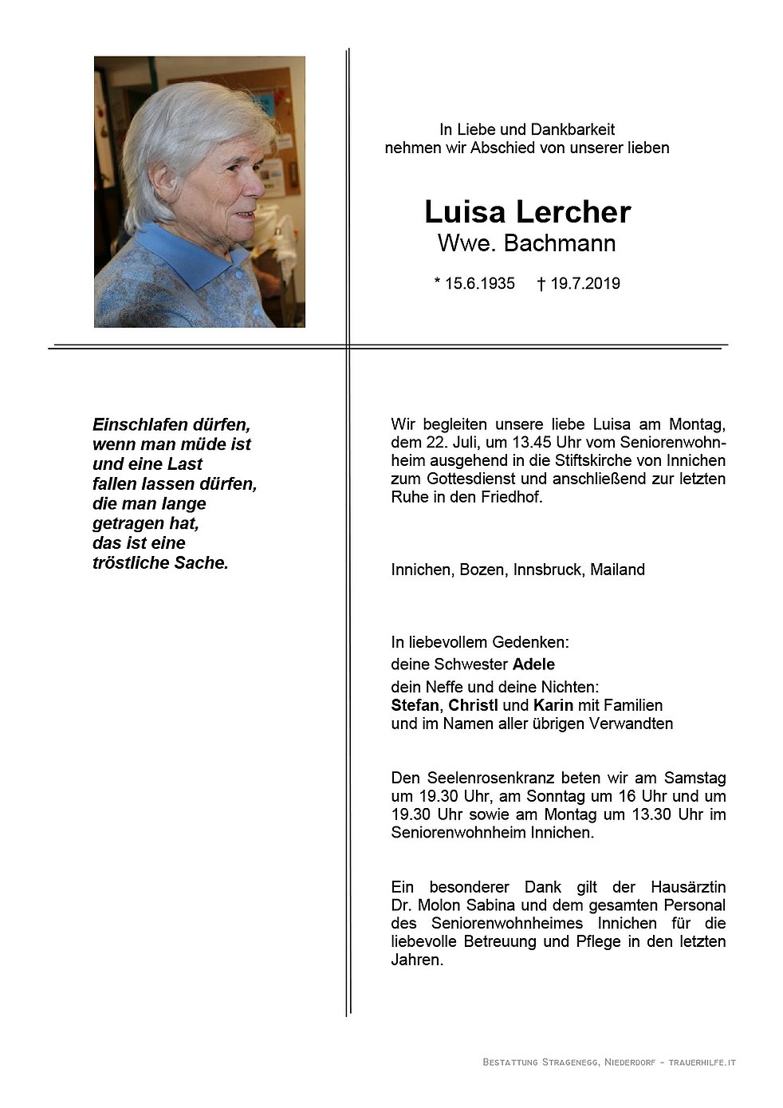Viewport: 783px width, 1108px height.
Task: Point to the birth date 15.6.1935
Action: pos(479,283)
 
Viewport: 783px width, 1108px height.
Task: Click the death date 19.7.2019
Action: pos(585,283)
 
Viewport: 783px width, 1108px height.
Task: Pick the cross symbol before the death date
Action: pos(541,283)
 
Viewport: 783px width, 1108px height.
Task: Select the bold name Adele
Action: pos(533,664)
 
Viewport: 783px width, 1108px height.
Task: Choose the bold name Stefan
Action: pos(415,705)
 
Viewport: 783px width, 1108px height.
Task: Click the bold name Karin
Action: pos(553,705)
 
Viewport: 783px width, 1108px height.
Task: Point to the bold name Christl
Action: pos(473,705)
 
